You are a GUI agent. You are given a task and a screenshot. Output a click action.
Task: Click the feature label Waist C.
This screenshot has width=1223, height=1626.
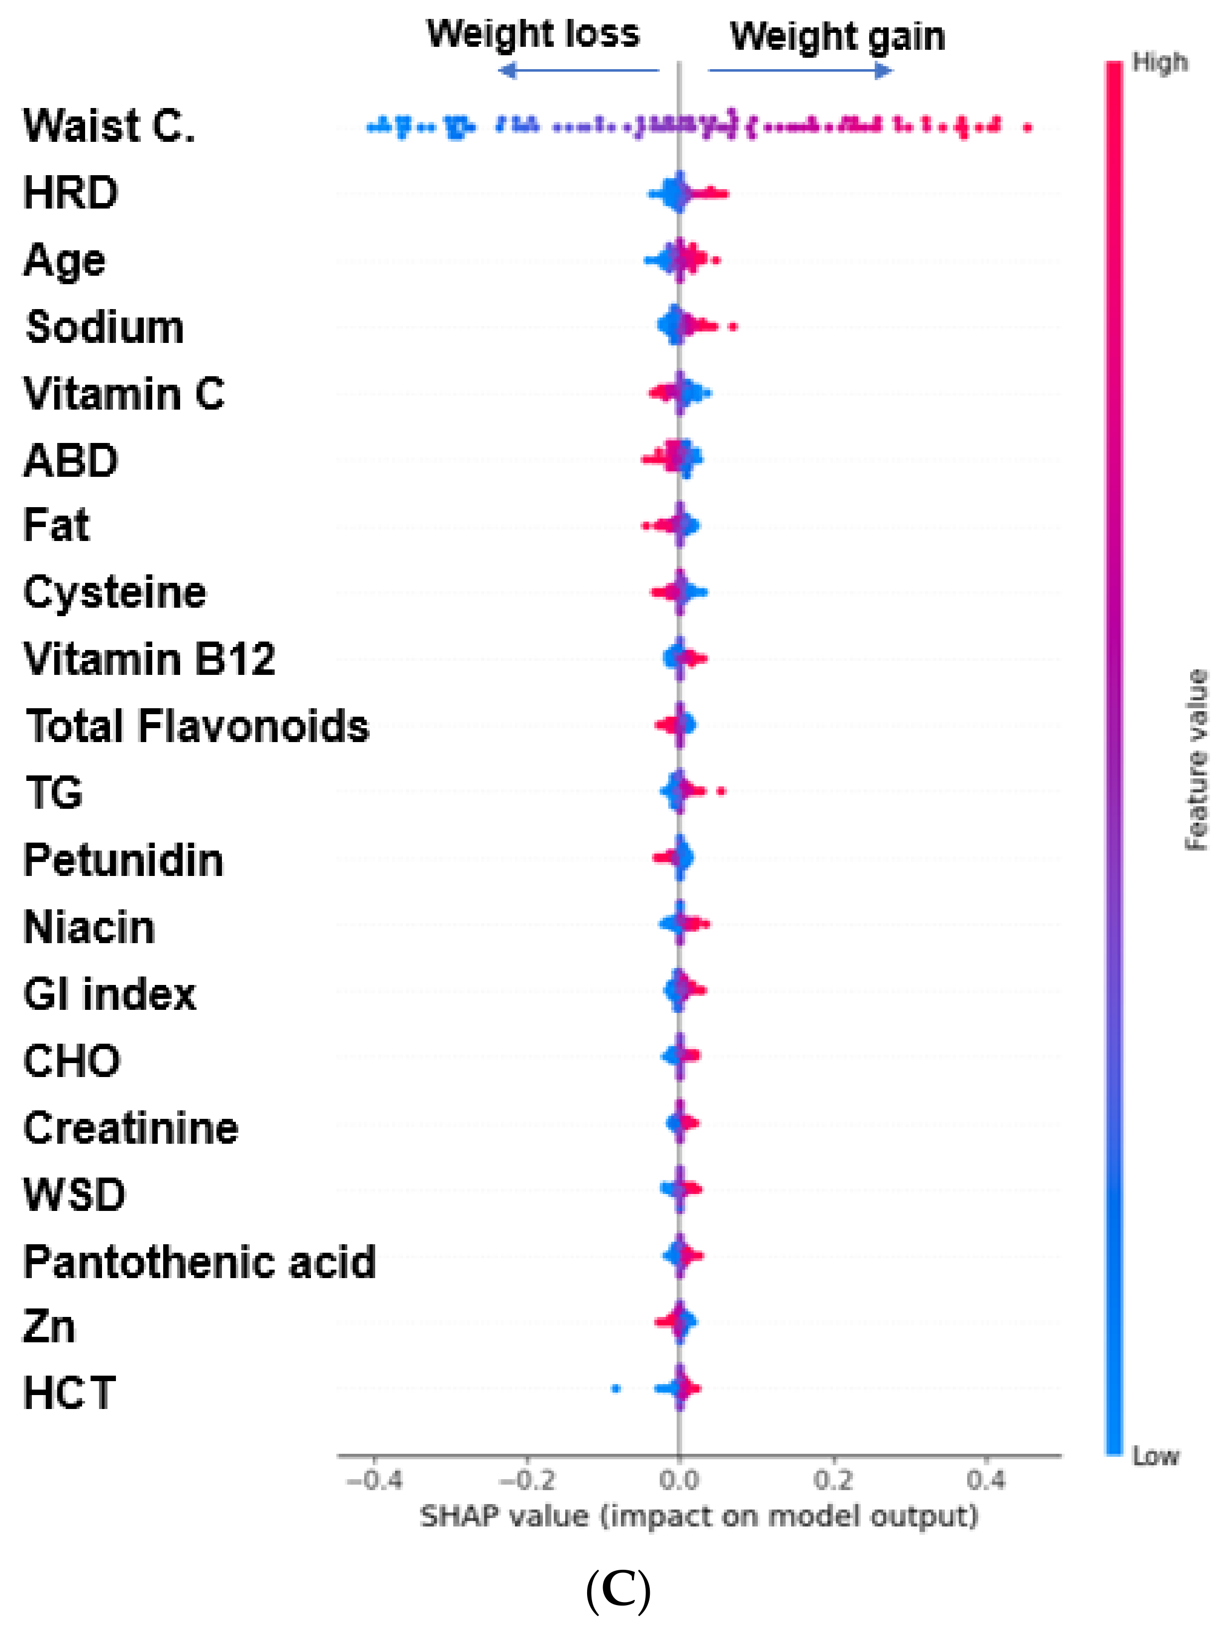click(x=109, y=126)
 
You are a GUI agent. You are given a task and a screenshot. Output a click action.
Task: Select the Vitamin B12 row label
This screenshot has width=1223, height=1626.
click(x=149, y=659)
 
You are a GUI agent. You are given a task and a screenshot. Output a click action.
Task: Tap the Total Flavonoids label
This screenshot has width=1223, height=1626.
click(x=197, y=726)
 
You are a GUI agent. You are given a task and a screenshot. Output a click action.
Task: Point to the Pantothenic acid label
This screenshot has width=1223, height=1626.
click(x=199, y=1262)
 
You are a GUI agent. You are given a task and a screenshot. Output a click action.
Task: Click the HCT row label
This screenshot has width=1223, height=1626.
click(x=69, y=1393)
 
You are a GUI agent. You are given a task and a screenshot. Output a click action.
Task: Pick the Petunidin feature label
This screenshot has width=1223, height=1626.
click(x=123, y=860)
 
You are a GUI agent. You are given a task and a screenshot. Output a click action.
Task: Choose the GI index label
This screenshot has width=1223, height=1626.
click(x=109, y=994)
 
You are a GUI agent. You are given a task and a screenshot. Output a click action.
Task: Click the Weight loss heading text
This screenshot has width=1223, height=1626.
click(x=533, y=34)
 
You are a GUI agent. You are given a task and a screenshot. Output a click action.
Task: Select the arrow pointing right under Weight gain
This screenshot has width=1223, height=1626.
click(x=801, y=71)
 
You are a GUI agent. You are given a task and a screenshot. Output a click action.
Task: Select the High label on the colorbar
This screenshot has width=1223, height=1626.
click(x=1159, y=63)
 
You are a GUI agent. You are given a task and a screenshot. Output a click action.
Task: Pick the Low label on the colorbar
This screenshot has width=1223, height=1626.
click(x=1155, y=1455)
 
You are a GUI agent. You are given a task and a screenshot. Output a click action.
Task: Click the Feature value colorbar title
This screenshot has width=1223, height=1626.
click(x=1197, y=760)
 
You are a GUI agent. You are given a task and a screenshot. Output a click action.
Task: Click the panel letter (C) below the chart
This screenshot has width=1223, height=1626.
click(x=618, y=1590)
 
